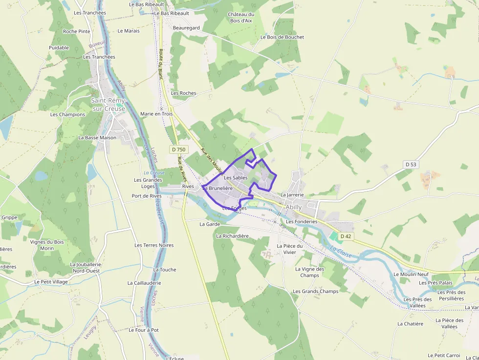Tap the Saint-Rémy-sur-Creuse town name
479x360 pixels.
click(108, 105)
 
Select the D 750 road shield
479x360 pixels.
click(179, 149)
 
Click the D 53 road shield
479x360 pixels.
click(411, 165)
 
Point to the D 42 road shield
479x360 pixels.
click(346, 236)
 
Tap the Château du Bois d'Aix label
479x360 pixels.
click(241, 18)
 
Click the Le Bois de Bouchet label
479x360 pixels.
click(282, 37)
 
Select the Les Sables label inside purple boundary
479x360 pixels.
click(236, 178)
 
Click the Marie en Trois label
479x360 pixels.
click(156, 114)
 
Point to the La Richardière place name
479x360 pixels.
click(232, 236)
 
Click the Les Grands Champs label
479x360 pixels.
click(315, 292)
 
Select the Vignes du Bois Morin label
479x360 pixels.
click(47, 245)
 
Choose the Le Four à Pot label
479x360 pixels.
click(144, 330)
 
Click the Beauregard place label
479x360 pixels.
click(186, 28)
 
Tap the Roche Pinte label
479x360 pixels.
click(77, 31)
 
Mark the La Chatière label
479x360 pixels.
click(410, 324)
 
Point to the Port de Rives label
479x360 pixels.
click(147, 196)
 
